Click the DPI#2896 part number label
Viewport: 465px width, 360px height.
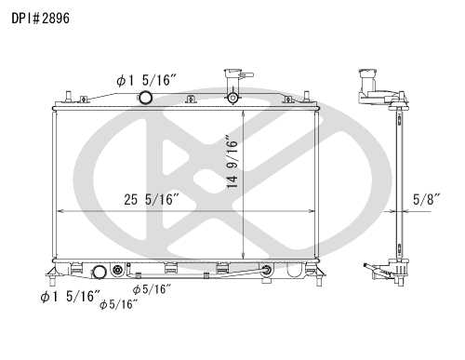(x=41, y=19)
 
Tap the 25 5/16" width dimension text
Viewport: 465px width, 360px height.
(x=152, y=199)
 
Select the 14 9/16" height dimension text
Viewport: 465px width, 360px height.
(x=232, y=161)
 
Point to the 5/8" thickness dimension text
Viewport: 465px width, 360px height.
(x=427, y=199)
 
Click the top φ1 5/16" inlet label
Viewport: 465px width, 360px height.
(x=146, y=81)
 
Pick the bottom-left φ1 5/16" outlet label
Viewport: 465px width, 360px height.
(x=71, y=297)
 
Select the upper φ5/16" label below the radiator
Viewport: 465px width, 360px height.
(x=152, y=289)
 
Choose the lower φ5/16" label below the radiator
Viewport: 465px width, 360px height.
(x=118, y=304)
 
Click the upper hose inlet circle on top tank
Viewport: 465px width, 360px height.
(x=145, y=98)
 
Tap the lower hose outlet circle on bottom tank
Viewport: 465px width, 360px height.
(x=100, y=272)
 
